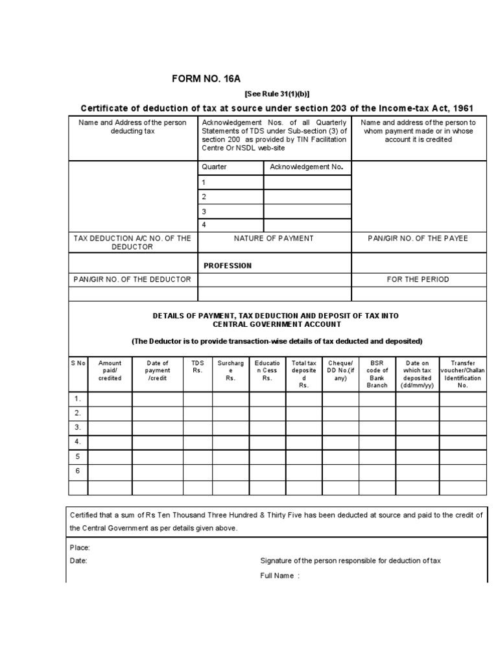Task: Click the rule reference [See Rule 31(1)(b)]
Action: tap(277, 93)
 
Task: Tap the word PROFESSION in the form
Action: tap(227, 265)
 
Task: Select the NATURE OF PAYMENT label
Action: tap(274, 239)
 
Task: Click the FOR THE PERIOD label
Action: tap(418, 279)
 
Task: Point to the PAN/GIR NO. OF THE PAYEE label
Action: tap(418, 239)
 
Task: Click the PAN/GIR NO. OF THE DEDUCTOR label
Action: tap(133, 279)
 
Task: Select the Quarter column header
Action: tap(215, 167)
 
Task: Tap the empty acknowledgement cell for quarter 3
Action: tap(307, 212)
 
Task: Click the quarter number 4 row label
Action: tap(204, 225)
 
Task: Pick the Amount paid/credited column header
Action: tap(110, 370)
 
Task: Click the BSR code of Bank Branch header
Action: tap(377, 374)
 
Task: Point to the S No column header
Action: tap(78, 363)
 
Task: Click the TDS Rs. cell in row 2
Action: tap(198, 413)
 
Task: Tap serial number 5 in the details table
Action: tap(77, 456)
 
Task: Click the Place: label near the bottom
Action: tap(80, 547)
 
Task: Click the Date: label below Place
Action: tap(78, 561)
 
